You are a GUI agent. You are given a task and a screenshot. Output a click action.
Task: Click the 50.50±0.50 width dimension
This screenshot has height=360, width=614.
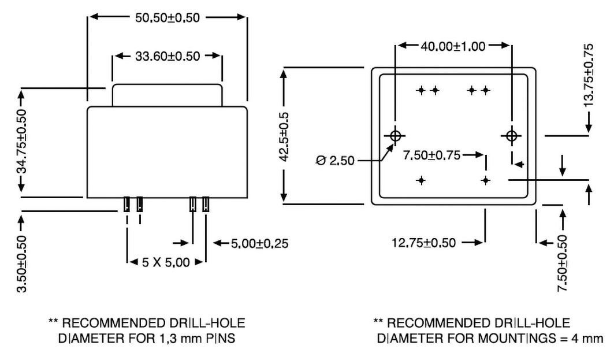tap(167, 17)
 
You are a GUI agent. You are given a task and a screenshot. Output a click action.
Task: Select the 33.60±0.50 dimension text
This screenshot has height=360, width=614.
tap(168, 56)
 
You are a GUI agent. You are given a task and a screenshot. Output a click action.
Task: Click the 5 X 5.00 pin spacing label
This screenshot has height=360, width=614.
tap(166, 262)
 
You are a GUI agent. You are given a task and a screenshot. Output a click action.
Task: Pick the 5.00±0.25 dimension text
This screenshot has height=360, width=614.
tap(259, 243)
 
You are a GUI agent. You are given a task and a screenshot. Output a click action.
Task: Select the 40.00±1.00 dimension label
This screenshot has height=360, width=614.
tap(453, 46)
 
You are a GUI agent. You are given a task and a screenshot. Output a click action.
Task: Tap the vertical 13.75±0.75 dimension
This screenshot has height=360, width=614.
tap(589, 75)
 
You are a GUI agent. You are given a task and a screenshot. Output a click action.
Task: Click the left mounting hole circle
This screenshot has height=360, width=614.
tap(396, 136)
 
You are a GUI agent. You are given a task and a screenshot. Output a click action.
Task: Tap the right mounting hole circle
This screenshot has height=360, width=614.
tap(511, 136)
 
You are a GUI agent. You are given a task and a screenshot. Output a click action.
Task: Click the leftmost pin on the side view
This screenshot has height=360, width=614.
tap(126, 204)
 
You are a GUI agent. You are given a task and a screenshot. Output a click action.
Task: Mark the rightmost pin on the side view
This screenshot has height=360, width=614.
tap(206, 204)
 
